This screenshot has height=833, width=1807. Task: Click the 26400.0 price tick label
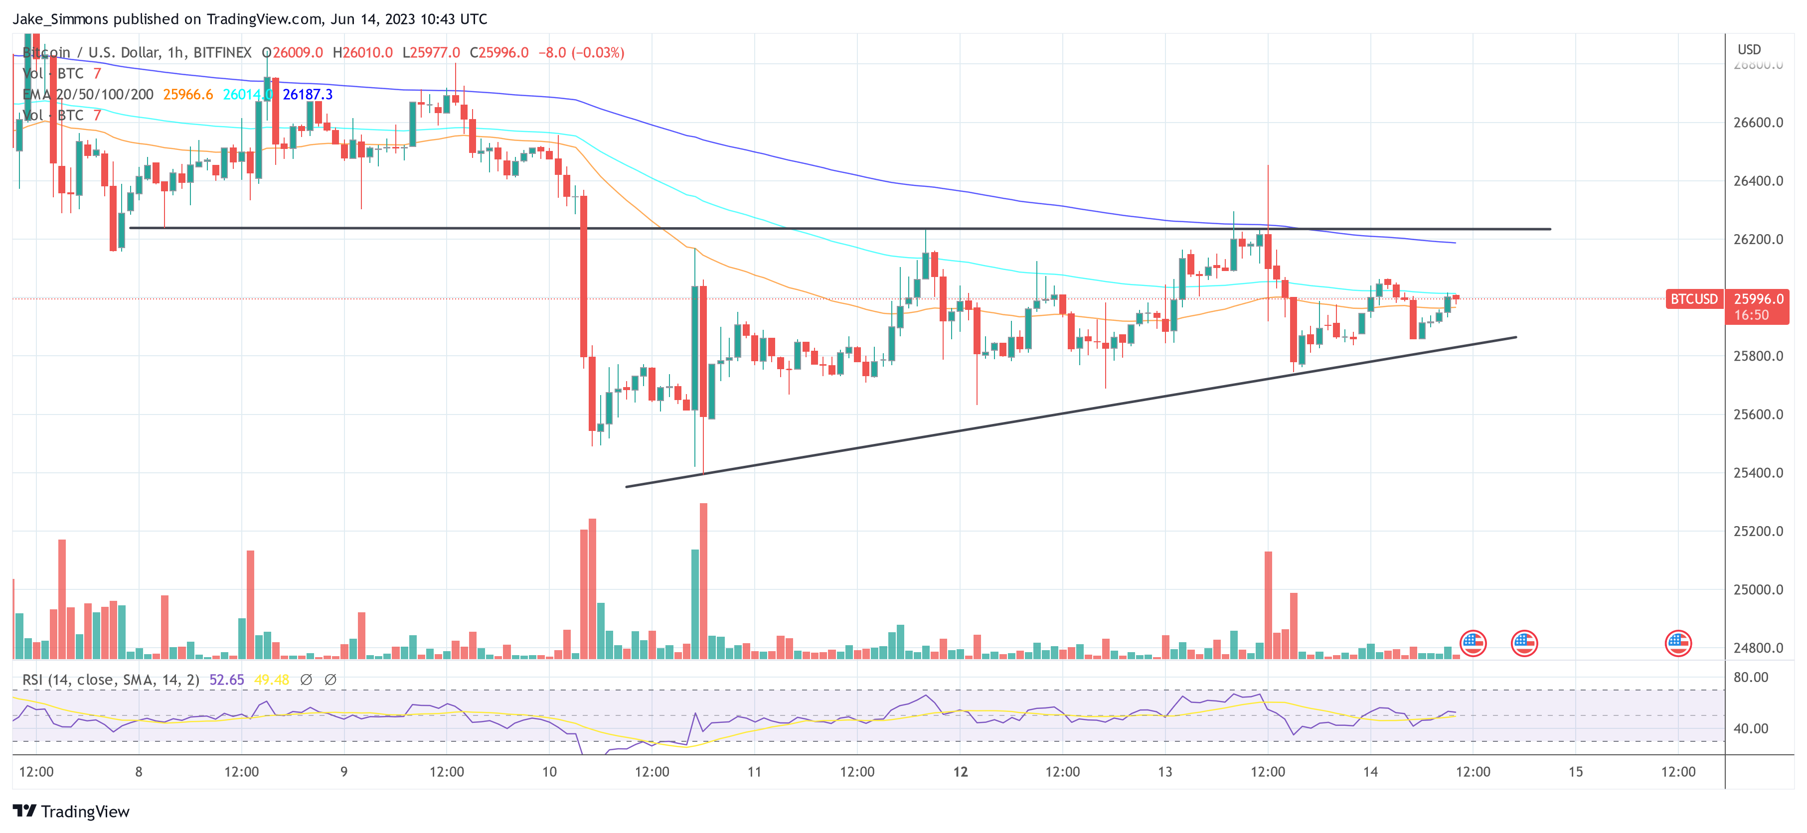pos(1758,181)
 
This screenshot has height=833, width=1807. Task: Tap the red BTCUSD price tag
pos(1693,299)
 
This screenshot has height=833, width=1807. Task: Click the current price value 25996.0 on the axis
pos(1758,299)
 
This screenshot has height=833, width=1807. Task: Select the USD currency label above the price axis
pos(1749,49)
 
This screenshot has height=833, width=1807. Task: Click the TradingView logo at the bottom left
pos(72,811)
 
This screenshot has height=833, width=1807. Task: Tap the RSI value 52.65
pos(227,680)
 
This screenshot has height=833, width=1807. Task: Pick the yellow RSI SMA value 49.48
pos(272,680)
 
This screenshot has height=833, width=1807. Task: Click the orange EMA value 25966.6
pos(188,95)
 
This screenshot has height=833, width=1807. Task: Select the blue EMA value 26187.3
pos(307,95)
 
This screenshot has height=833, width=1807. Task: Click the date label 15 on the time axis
pos(1576,772)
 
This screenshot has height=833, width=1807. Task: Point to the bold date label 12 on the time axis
pos(960,772)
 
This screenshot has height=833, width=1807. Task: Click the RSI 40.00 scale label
pos(1751,728)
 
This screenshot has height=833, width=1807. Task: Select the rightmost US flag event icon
pos(1678,643)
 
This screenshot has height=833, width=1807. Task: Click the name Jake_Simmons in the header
pos(60,19)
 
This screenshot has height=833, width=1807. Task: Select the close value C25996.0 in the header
pos(499,53)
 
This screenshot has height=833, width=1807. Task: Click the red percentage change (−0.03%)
pos(598,53)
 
